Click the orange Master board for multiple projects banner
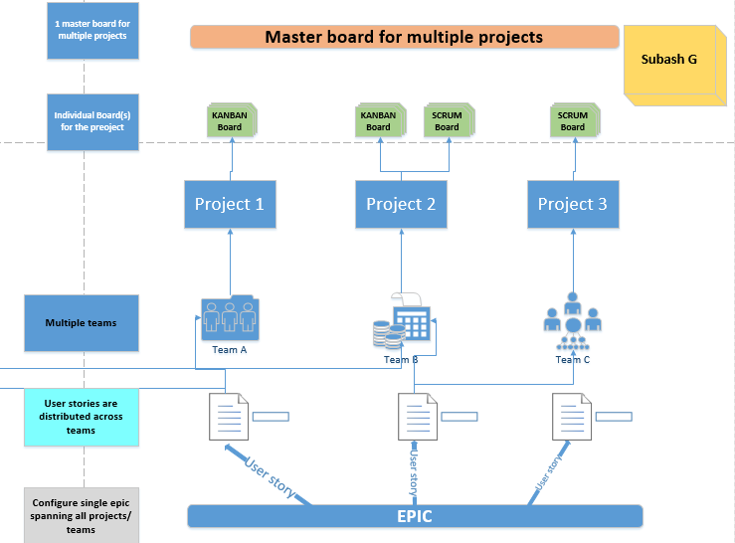pos(404,37)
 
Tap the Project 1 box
pos(230,204)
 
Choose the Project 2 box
pos(401,204)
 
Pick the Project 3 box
pos(572,204)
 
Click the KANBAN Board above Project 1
pos(230,120)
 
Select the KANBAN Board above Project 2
pos(378,120)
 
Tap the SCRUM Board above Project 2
pos(447,120)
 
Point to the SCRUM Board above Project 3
pos(572,120)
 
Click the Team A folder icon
pos(230,317)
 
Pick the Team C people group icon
pos(572,317)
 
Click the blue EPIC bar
pos(415,516)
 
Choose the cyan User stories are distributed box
pos(82,417)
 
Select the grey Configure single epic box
pos(82,516)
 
